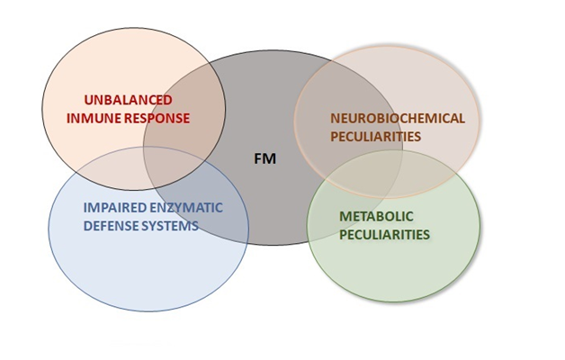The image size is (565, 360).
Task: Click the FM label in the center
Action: click(264, 159)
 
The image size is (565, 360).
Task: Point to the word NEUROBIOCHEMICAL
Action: click(397, 118)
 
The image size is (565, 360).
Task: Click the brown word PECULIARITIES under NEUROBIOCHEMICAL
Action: click(375, 136)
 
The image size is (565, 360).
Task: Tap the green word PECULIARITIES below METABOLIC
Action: click(384, 235)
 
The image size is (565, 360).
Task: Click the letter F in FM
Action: click(258, 159)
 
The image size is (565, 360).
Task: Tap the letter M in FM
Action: click(268, 159)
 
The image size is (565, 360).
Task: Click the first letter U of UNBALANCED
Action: click(87, 100)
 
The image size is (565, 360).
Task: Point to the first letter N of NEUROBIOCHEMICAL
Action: click(335, 118)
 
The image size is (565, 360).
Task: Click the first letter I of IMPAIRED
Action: click(85, 207)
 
